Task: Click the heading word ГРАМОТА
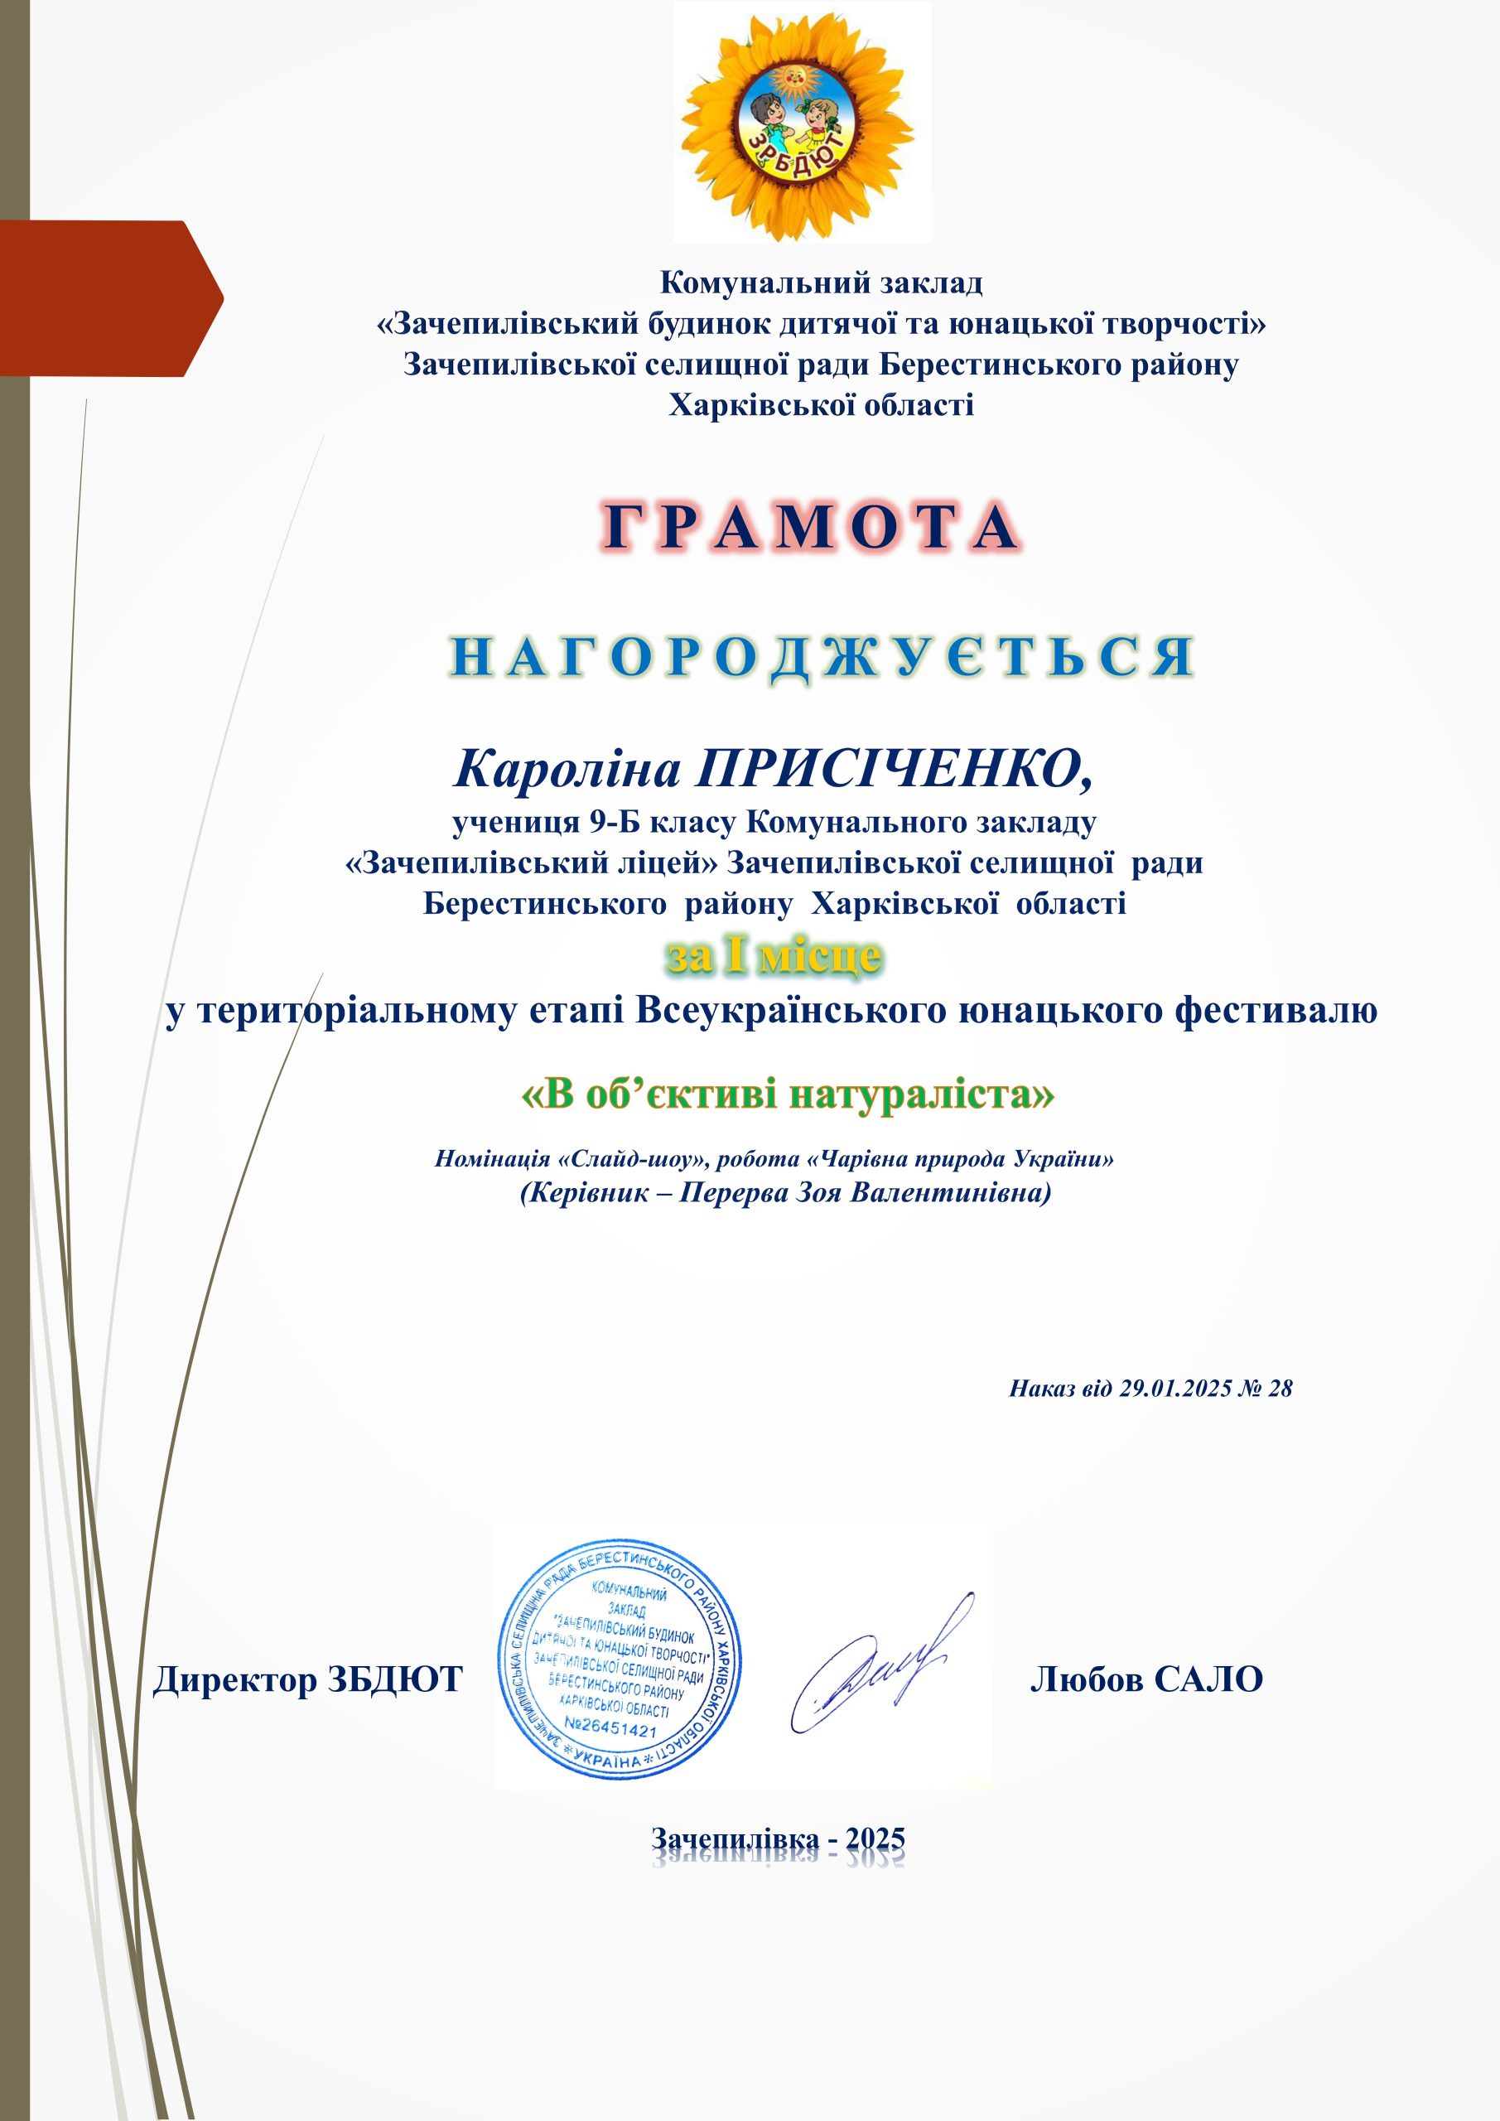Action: click(811, 528)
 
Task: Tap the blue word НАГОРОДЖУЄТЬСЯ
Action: click(822, 657)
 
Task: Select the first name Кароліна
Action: click(567, 769)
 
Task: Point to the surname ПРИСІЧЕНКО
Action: click(894, 769)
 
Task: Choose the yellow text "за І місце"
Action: click(774, 956)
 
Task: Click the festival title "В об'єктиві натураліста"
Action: click(788, 1094)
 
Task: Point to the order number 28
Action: click(1281, 1389)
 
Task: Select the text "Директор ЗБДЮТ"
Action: click(307, 1679)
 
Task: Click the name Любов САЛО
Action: click(1146, 1679)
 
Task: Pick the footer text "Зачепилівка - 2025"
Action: click(778, 1839)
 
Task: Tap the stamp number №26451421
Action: click(610, 1727)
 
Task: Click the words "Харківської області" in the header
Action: click(821, 404)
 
